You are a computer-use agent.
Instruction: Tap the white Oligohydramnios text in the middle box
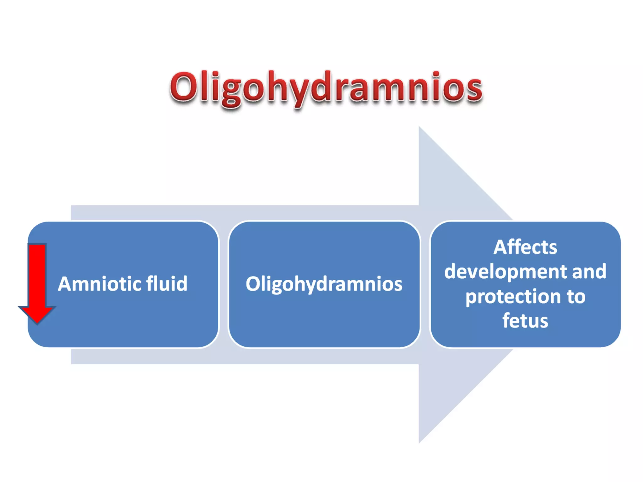(x=324, y=284)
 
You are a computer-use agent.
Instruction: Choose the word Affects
(x=525, y=247)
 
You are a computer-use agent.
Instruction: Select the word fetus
(x=525, y=321)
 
